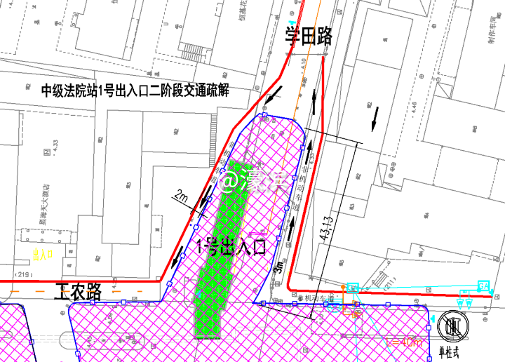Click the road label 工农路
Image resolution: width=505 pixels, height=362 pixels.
coord(79,292)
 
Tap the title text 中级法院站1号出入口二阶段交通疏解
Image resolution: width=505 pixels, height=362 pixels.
coord(135,90)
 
